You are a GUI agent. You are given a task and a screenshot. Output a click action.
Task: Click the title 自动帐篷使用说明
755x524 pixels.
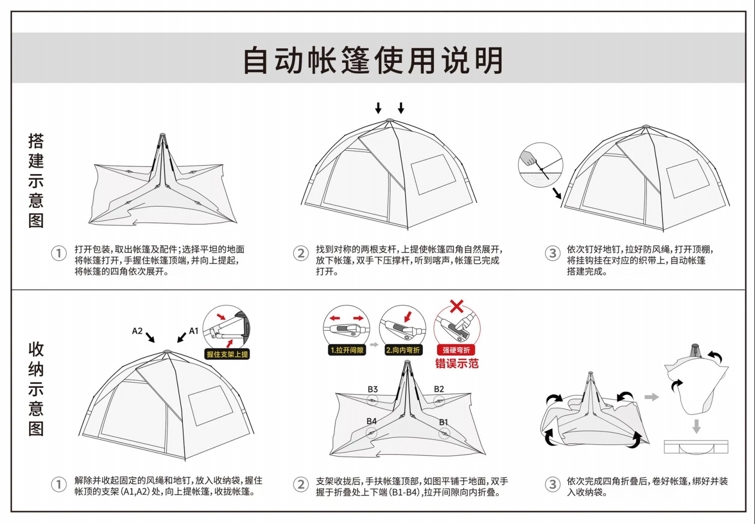[373, 60]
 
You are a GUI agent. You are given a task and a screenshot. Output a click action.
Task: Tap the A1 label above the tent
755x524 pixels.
[194, 331]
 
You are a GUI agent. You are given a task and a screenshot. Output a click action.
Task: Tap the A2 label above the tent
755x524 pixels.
[137, 331]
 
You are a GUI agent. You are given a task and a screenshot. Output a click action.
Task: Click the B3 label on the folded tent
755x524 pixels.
[372, 389]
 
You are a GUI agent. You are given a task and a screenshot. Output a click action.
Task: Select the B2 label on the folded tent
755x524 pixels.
[439, 389]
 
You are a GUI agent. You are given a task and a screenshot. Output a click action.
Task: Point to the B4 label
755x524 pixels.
[371, 421]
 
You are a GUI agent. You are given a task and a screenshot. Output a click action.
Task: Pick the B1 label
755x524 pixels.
[443, 422]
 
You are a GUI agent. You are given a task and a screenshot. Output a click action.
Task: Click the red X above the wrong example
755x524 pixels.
[457, 306]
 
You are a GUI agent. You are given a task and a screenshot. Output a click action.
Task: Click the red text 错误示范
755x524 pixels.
[457, 363]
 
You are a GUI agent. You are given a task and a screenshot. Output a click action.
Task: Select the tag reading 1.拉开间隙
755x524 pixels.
[347, 350]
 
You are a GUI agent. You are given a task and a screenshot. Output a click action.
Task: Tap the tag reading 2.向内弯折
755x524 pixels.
[403, 350]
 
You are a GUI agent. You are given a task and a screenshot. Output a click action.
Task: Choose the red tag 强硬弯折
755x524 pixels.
[457, 350]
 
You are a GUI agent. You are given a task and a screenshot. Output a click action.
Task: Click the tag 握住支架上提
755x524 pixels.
[227, 354]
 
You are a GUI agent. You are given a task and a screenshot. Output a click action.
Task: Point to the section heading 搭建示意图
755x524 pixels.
[36, 181]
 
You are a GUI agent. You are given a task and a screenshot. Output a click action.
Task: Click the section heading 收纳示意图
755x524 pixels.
[36, 389]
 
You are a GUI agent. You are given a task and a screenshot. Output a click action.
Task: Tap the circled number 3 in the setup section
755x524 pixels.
[552, 253]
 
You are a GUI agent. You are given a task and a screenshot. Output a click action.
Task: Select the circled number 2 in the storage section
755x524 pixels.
[300, 484]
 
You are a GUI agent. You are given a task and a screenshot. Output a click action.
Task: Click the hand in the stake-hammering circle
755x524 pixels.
[529, 159]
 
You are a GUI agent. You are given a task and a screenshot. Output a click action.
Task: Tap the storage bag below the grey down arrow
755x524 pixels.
[696, 446]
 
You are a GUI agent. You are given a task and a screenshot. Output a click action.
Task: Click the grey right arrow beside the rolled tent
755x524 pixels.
[652, 397]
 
